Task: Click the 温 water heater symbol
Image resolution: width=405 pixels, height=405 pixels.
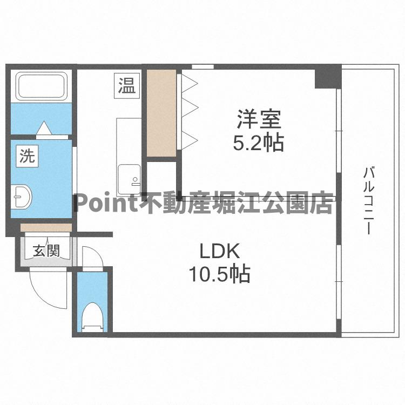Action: (x=127, y=86)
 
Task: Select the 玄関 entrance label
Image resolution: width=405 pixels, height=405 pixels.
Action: (x=45, y=251)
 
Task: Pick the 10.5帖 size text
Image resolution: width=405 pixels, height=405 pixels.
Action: (x=219, y=274)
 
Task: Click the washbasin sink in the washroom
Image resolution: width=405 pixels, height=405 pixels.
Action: (x=22, y=197)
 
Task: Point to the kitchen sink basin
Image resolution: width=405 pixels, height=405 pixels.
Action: (x=129, y=175)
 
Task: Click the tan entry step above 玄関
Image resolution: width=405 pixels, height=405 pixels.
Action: (x=45, y=227)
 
